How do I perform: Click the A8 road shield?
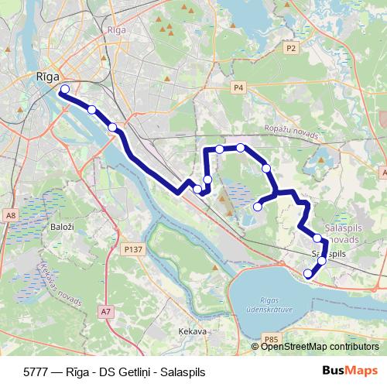tap(10, 214)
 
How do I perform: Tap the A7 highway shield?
tap(105, 311)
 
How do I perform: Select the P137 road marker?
tap(133, 250)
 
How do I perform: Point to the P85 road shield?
tap(270, 338)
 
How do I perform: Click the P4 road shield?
tap(238, 87)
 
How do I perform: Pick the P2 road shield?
tap(290, 48)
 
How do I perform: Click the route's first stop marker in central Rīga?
tap(64, 90)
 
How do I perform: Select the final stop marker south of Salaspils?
tap(308, 273)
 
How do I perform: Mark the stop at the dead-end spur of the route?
tap(258, 207)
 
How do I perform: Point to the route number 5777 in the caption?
tap(37, 372)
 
